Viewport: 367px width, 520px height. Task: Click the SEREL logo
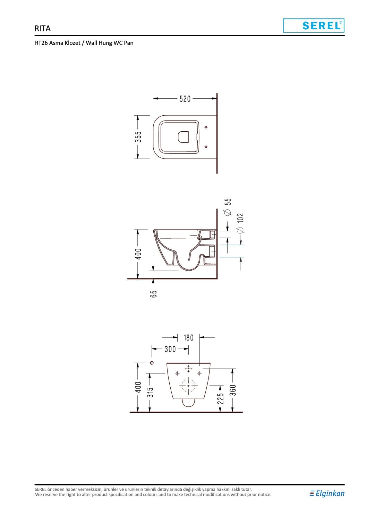[x=314, y=25]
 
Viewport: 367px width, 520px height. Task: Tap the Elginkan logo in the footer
[x=327, y=493]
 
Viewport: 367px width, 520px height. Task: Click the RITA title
[x=42, y=28]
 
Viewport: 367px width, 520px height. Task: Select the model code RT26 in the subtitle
[x=41, y=43]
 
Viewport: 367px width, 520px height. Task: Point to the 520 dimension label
[x=185, y=99]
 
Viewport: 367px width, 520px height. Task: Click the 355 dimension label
[x=138, y=137]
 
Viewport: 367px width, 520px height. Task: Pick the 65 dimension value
[x=153, y=294]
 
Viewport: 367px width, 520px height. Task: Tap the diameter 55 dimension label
[x=228, y=207]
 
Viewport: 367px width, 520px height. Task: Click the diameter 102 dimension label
[x=240, y=223]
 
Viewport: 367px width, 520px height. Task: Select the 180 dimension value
[x=188, y=338]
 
